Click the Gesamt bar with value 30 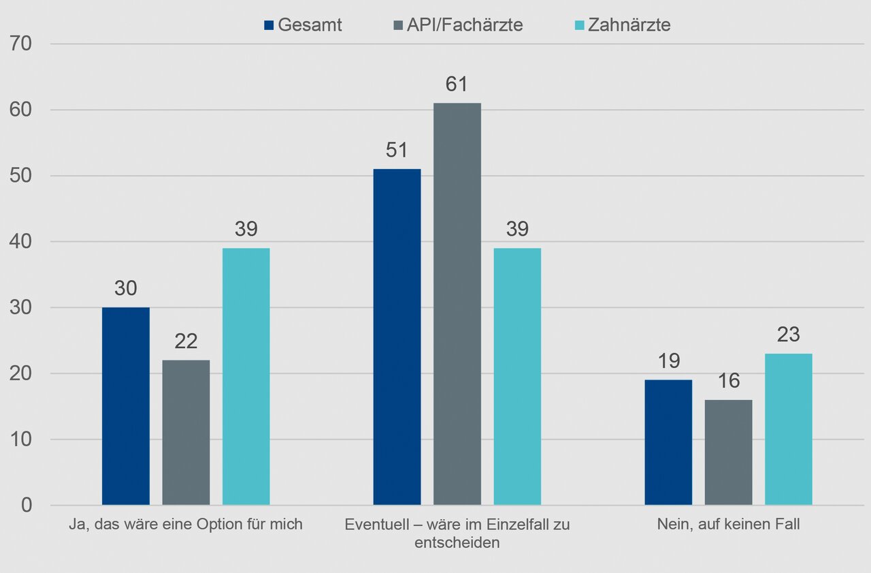(126, 406)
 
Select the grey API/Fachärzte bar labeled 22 (186, 433)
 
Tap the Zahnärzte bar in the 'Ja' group (246, 377)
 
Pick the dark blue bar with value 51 (397, 337)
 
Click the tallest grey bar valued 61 (457, 304)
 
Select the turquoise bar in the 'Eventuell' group (517, 377)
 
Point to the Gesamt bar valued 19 (668, 442)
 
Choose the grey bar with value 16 (729, 452)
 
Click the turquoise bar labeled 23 (789, 429)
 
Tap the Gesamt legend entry (303, 25)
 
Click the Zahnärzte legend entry (621, 25)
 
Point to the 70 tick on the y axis (22, 44)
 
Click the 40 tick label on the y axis (22, 242)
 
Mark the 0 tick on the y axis (27, 506)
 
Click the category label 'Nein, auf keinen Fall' (728, 525)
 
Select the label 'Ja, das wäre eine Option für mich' (186, 525)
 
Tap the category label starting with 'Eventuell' (457, 533)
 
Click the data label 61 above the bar (457, 84)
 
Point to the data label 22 (186, 342)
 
